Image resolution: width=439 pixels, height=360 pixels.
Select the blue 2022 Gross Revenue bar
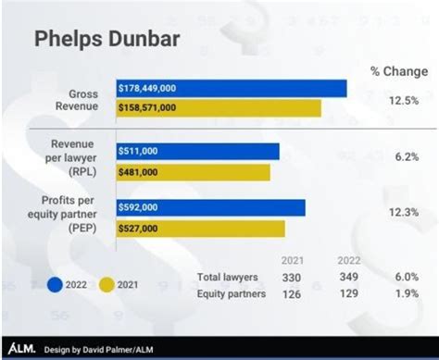click(232, 88)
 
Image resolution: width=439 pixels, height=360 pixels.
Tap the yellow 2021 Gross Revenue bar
click(219, 107)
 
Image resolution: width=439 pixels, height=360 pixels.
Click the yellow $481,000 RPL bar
click(193, 172)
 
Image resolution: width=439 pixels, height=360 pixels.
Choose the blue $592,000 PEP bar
click(210, 207)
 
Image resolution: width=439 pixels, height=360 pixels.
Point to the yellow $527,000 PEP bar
click(200, 228)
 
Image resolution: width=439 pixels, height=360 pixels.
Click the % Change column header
click(400, 70)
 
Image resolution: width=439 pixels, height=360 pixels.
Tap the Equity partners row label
click(232, 293)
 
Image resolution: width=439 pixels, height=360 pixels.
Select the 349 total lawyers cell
click(348, 277)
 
